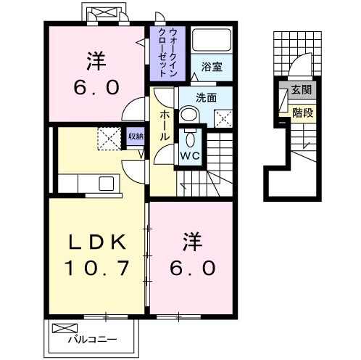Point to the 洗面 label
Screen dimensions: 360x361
(206, 98)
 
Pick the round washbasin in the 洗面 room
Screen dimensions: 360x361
(188, 114)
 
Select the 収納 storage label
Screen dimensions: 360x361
(134, 135)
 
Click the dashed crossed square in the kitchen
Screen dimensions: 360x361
(109, 138)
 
